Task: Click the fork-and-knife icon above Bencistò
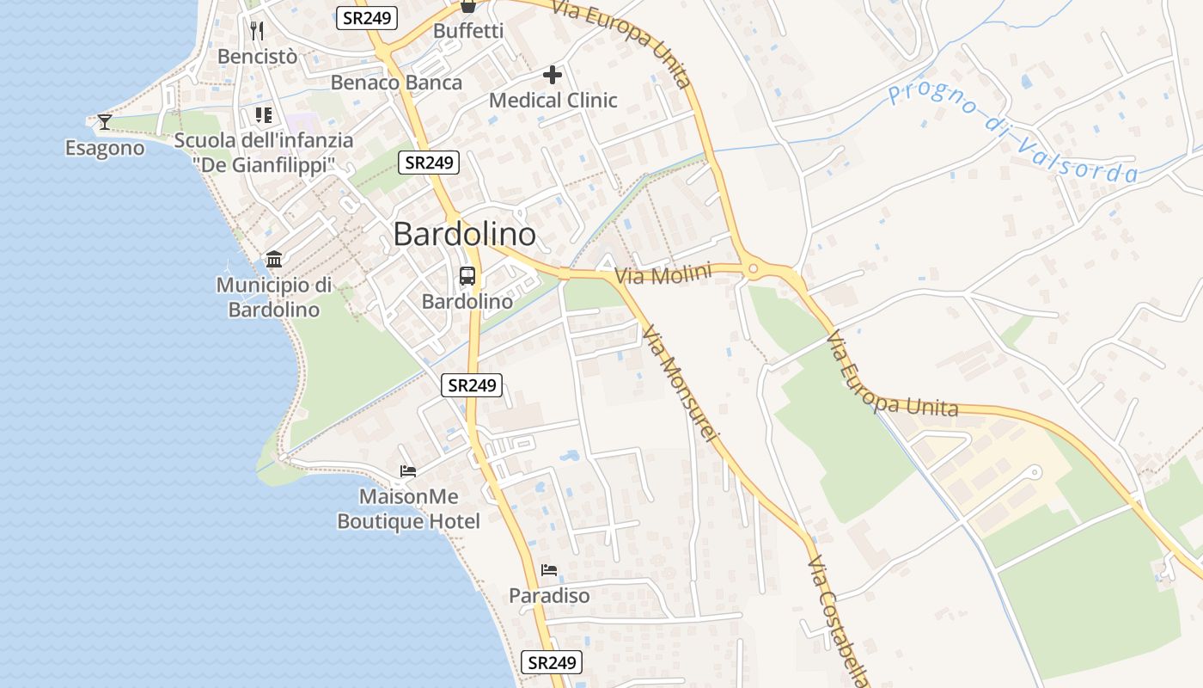click(256, 31)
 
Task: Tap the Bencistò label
click(258, 57)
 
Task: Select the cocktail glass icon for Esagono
click(104, 122)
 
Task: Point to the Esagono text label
click(105, 148)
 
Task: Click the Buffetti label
click(468, 31)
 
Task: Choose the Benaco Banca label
click(396, 83)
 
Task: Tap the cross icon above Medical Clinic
click(553, 75)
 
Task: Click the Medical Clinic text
click(553, 101)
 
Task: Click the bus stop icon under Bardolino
click(467, 276)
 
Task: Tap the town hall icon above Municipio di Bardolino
click(274, 259)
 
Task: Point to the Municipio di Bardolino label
click(274, 298)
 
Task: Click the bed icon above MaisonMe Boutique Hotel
click(408, 471)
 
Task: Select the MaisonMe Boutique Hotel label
click(408, 509)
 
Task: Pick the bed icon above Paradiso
click(549, 570)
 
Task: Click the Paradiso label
click(549, 596)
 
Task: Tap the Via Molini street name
click(663, 275)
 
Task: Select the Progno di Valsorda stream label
click(1014, 133)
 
